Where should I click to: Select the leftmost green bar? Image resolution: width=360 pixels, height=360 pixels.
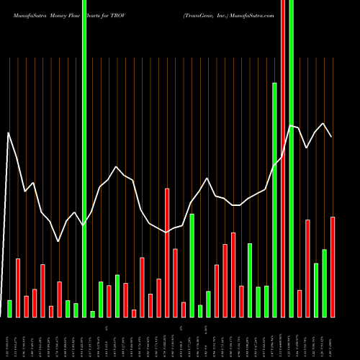(10, 308)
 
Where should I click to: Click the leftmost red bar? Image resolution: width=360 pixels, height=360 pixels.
(18, 287)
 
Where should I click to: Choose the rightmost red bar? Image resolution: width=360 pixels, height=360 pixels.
(333, 266)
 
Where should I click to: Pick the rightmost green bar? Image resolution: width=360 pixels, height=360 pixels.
(324, 283)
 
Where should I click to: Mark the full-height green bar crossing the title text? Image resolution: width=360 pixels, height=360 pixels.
(84, 144)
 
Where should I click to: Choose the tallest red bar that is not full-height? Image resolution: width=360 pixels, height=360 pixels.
(167, 252)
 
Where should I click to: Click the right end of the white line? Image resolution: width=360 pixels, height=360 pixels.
(332, 136)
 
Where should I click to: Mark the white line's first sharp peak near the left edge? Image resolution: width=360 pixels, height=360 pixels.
(9, 133)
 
